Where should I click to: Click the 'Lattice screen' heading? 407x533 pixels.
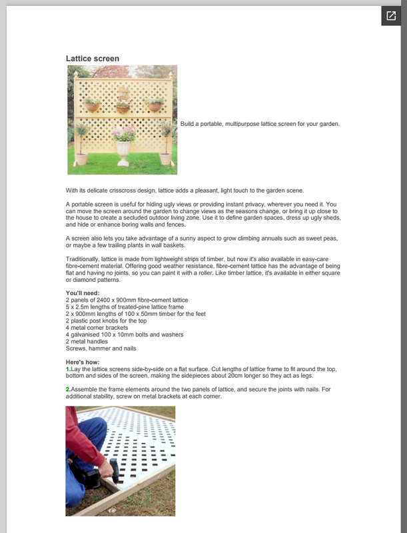point(93,59)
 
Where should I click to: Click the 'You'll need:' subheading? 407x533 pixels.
point(83,293)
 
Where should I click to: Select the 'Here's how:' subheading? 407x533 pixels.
point(83,362)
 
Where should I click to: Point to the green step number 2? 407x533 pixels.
point(67,389)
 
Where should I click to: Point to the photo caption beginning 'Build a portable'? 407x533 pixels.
point(260,124)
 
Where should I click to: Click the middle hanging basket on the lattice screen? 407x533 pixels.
point(123,107)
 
